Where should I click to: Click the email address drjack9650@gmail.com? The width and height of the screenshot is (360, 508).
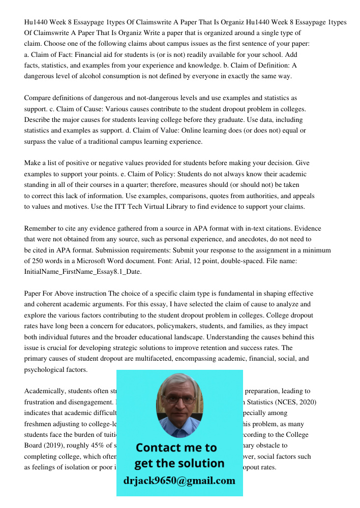point(179,481)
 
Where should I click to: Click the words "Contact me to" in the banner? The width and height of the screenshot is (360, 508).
point(176,448)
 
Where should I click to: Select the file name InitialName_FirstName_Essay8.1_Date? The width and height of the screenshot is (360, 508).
point(83,272)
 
